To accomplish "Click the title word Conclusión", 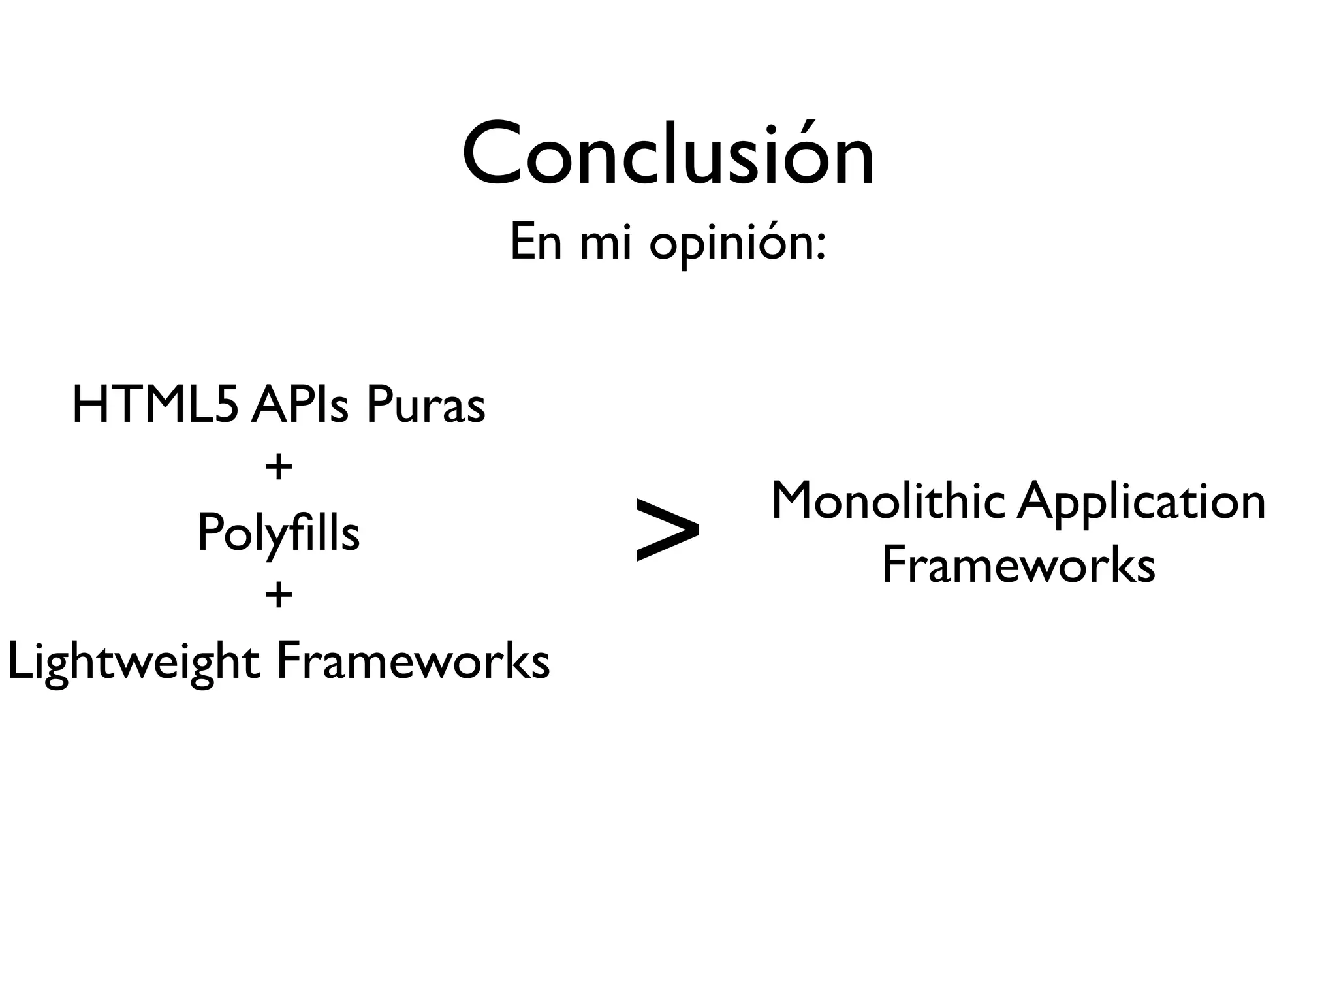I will click(x=668, y=155).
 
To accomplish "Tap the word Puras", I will click(x=425, y=405).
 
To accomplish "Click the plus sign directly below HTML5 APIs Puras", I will click(x=279, y=468).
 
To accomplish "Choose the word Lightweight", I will click(x=134, y=662).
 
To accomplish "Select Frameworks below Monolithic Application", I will click(x=1018, y=565).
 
